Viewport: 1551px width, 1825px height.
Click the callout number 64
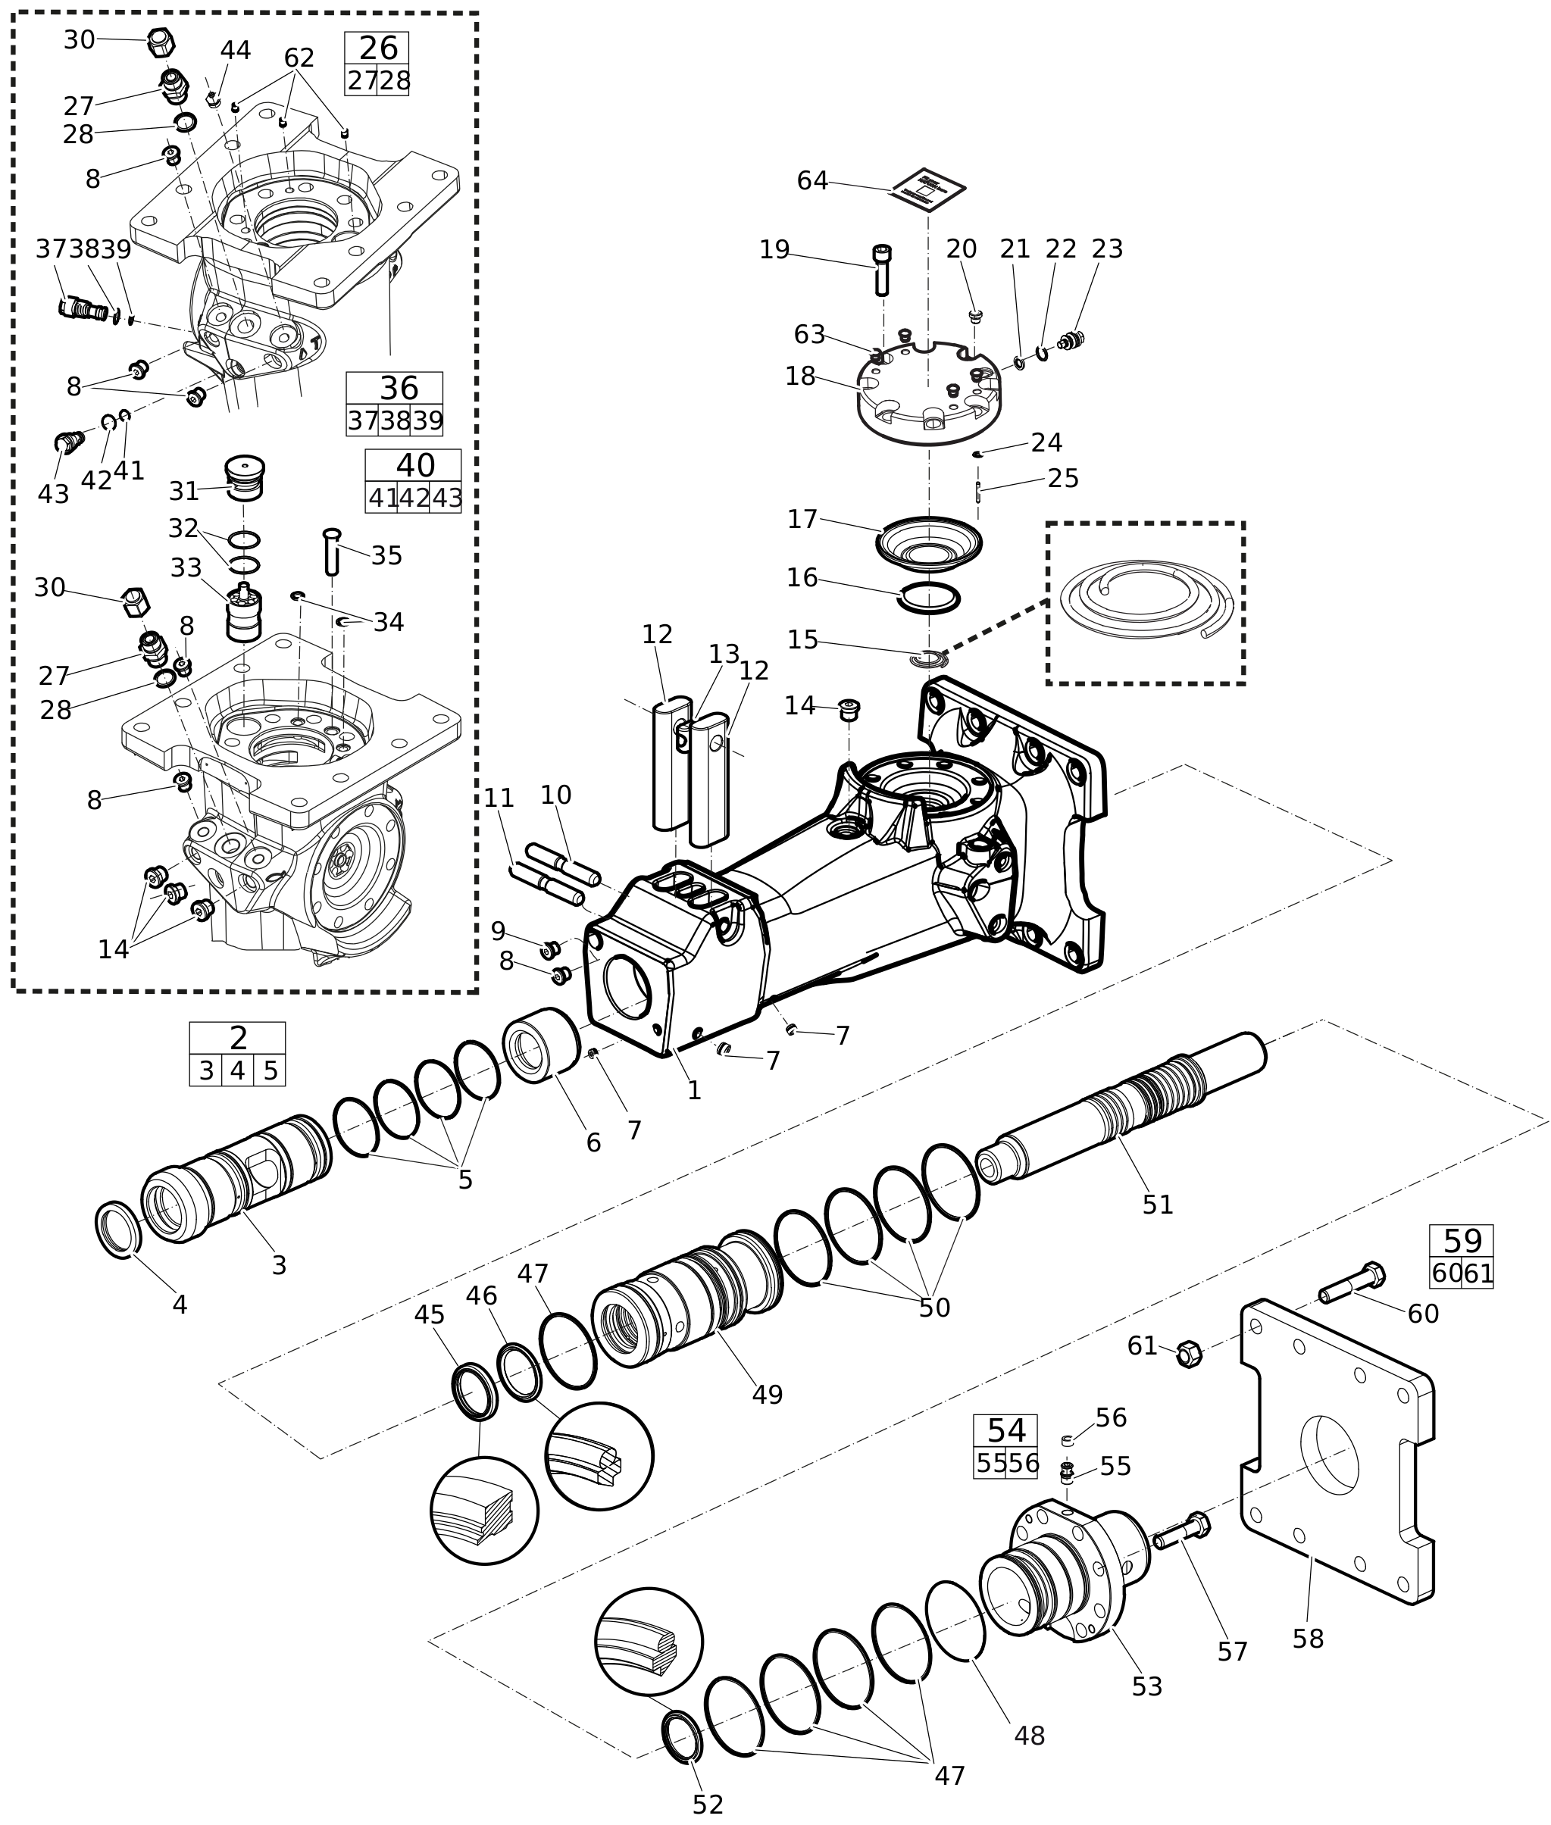pyautogui.click(x=812, y=181)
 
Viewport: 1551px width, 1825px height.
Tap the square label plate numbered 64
pyautogui.click(x=928, y=189)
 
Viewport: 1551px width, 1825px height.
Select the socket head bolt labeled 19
pyautogui.click(x=882, y=270)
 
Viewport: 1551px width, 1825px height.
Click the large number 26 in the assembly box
pyautogui.click(x=378, y=48)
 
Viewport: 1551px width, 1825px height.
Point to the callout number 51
pyautogui.click(x=1158, y=1205)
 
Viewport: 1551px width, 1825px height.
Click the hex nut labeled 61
pyautogui.click(x=1189, y=1354)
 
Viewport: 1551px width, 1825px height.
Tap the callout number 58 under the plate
pyautogui.click(x=1308, y=1639)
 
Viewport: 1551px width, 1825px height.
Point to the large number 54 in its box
pyautogui.click(x=1006, y=1430)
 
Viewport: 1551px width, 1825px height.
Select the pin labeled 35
pyautogui.click(x=331, y=552)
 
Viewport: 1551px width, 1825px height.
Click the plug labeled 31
pyautogui.click(x=245, y=478)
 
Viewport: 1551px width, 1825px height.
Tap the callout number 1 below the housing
pyautogui.click(x=694, y=1091)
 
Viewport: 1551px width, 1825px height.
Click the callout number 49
pyautogui.click(x=767, y=1394)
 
